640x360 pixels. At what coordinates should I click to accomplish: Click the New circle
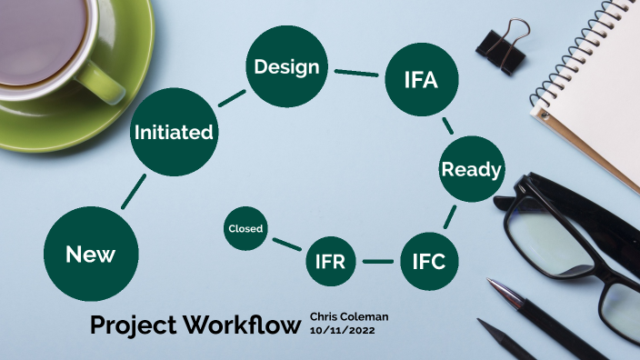90,255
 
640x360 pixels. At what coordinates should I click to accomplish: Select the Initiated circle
174,133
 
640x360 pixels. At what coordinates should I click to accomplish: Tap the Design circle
286,67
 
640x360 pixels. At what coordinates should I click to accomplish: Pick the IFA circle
421,79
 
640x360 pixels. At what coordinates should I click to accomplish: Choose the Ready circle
471,169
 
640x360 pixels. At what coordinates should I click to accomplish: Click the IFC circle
428,262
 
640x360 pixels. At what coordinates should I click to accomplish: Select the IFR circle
330,262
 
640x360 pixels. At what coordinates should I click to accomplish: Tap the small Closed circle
245,229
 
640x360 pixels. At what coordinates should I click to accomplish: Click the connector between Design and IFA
355,73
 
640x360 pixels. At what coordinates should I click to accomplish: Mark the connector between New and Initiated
133,191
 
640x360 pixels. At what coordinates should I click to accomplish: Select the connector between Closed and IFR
286,244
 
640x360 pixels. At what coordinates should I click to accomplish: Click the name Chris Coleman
349,316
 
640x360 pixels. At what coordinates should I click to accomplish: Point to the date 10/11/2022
342,330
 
